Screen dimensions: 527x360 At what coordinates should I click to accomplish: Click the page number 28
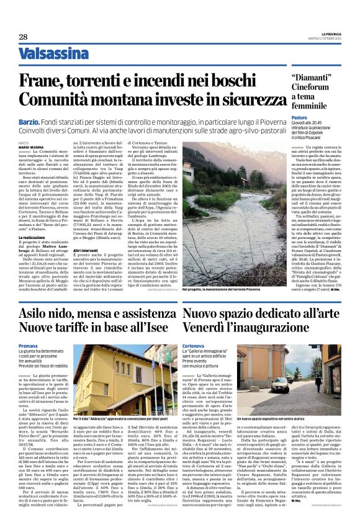click(23, 37)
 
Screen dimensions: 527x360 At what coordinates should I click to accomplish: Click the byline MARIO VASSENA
click(32, 146)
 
